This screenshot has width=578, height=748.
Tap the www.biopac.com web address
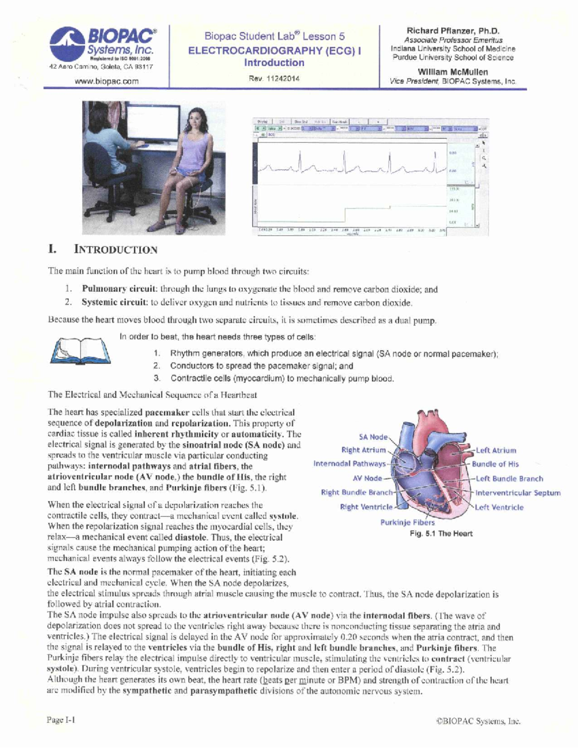(x=106, y=81)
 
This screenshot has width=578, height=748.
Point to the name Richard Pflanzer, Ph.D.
(x=453, y=31)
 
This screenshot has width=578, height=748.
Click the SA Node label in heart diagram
(x=373, y=437)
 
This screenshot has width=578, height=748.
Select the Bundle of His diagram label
(x=495, y=464)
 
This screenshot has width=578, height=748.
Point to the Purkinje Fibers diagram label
(x=407, y=522)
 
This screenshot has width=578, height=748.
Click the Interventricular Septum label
(x=518, y=493)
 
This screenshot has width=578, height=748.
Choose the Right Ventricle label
(x=366, y=507)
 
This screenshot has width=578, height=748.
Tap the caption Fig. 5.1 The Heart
(x=441, y=534)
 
